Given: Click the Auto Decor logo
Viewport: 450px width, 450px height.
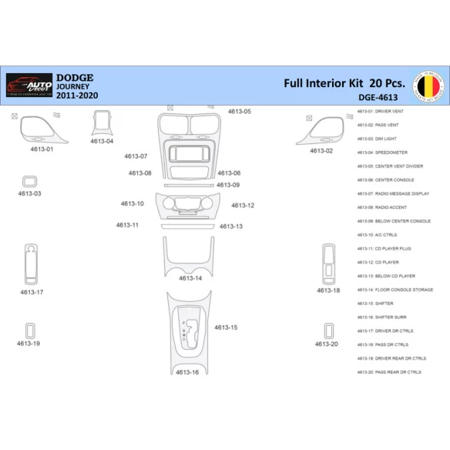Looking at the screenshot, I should (x=29, y=87).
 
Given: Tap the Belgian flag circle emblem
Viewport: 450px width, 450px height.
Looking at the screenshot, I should (x=428, y=86).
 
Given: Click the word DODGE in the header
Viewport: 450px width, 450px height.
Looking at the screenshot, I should (x=75, y=78).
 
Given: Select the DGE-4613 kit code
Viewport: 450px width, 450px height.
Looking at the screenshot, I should (x=378, y=98).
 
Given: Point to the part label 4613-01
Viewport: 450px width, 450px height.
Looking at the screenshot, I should (x=42, y=149).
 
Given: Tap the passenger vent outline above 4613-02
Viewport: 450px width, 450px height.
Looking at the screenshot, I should (x=316, y=129).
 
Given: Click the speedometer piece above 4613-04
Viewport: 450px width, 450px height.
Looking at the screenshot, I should (x=101, y=123).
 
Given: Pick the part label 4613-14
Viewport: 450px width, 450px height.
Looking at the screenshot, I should (x=190, y=278).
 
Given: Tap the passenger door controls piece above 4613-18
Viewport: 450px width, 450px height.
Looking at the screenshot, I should (x=328, y=263).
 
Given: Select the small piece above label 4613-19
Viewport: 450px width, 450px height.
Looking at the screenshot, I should (x=30, y=331).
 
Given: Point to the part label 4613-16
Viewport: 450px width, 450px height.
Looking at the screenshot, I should (x=187, y=372).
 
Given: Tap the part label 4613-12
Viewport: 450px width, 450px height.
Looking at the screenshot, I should (x=243, y=206).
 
